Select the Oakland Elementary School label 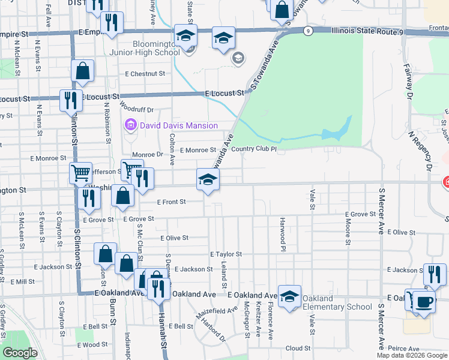[x=337, y=303]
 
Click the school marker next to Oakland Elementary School [x=289, y=296]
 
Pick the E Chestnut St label [x=145, y=74]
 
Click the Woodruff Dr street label [x=137, y=110]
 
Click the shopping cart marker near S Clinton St [x=80, y=173]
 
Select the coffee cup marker [x=425, y=301]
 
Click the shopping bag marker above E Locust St [x=83, y=71]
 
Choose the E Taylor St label [x=226, y=254]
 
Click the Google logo [x=20, y=353]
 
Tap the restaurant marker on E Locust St [x=71, y=98]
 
